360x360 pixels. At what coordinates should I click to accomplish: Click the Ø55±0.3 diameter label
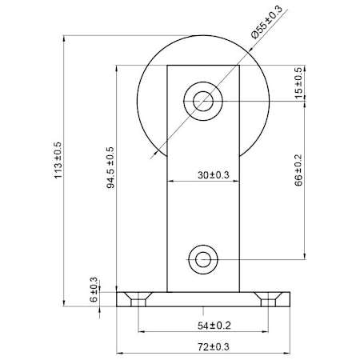pyautogui.click(x=266, y=22)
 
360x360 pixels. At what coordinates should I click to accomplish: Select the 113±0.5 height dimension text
pyautogui.click(x=58, y=160)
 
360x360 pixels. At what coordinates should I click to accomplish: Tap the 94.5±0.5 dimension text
pyautogui.click(x=110, y=167)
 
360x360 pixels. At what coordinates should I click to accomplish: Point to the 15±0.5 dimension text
pyautogui.click(x=299, y=83)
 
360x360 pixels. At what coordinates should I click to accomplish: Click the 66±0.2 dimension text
pyautogui.click(x=299, y=170)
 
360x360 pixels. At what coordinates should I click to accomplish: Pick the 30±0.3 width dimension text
pyautogui.click(x=214, y=175)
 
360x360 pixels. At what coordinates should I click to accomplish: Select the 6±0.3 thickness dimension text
pyautogui.click(x=94, y=290)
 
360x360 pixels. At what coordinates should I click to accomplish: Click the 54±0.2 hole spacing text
pyautogui.click(x=214, y=326)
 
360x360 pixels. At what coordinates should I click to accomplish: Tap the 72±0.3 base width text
pyautogui.click(x=214, y=347)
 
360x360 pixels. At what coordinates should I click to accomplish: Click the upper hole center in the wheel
pyautogui.click(x=203, y=102)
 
